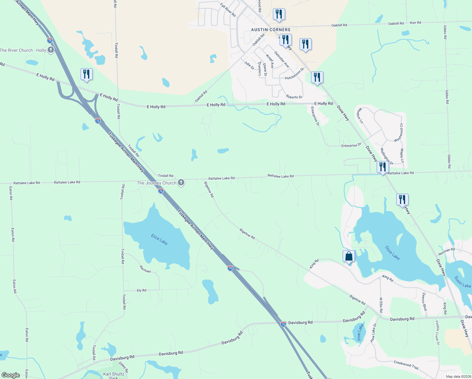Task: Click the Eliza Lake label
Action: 159,239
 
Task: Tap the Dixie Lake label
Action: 392,253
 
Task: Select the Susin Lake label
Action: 463,282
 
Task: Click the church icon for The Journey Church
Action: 181,183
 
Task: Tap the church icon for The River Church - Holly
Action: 51,50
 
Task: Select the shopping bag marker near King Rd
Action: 349,256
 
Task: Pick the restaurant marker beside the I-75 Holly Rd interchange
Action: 86,74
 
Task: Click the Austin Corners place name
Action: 271,30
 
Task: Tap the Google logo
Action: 11,375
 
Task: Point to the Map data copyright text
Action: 458,376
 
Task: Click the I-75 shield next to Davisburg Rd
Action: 283,324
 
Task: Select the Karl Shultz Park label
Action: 114,375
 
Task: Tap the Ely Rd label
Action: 142,290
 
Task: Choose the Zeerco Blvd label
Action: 424,301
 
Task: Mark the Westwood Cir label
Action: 399,133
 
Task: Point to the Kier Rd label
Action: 415,23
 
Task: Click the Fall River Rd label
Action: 228,10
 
